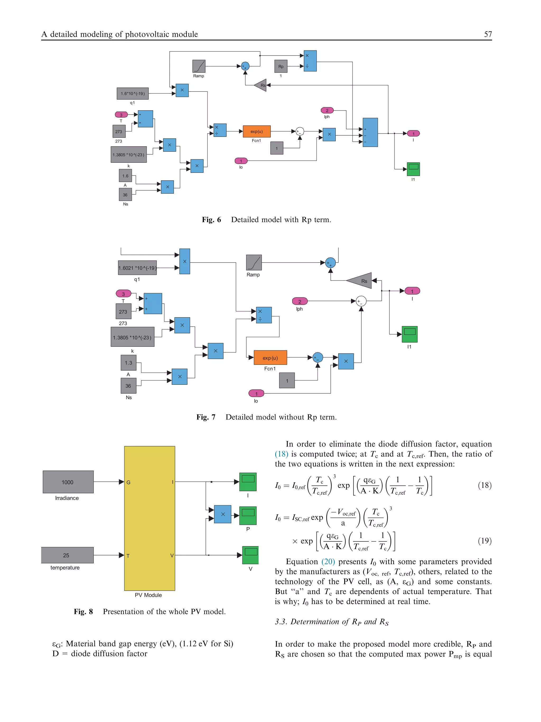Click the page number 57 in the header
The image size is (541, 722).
488,34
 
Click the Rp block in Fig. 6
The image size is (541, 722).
281,66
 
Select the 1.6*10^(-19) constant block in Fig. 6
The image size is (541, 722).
133,93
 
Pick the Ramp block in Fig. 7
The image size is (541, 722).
254,263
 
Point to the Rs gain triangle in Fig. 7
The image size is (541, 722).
361,281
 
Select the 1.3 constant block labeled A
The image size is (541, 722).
128,363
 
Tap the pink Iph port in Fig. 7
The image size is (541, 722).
300,301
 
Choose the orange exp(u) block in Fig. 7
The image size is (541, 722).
270,358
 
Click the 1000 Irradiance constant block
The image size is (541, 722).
68,482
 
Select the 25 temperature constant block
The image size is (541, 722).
67,555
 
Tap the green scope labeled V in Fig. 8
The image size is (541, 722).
250,555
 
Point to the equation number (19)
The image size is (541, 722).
484,541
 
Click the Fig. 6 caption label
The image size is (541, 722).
211,220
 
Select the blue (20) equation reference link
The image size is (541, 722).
328,562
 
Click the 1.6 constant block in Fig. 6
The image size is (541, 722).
125,176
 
